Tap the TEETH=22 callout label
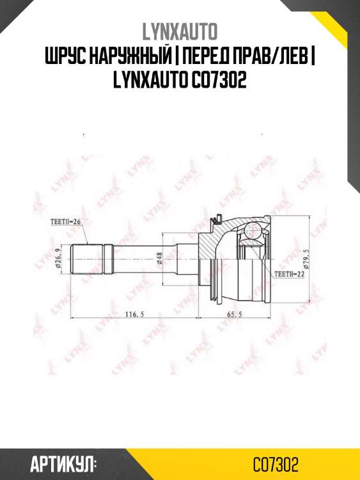click(288, 273)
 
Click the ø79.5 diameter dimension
click(307, 260)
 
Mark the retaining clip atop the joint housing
click(219, 220)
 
